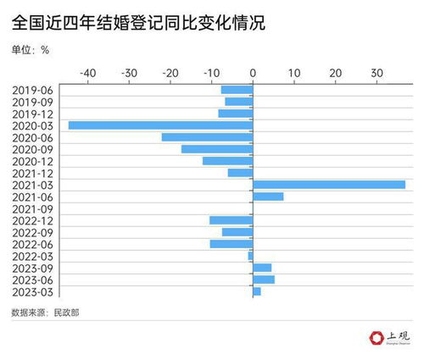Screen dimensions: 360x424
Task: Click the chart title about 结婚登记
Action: [138, 22]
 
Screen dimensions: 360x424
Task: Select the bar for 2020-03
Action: [160, 125]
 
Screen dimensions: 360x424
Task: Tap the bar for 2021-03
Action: [329, 185]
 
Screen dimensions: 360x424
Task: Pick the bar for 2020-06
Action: [207, 137]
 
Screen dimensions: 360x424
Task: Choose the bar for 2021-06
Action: [268, 197]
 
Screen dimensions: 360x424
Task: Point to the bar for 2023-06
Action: [264, 280]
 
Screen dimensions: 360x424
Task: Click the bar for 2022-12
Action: [231, 220]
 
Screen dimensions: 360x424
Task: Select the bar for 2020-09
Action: [217, 149]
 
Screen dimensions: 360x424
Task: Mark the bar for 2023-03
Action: [257, 291]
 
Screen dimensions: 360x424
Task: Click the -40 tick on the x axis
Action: [87, 73]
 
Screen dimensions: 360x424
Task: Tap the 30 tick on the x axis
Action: [377, 73]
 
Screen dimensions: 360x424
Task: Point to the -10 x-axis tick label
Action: [211, 73]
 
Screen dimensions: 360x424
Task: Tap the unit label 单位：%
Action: [31, 49]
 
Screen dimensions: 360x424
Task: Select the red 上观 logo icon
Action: [376, 338]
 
